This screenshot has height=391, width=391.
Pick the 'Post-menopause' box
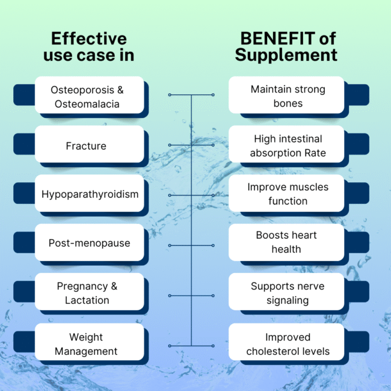[89, 244]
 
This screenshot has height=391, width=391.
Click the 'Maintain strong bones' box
[287, 96]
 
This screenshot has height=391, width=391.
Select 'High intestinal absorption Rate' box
[287, 146]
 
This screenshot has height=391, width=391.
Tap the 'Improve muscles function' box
[287, 194]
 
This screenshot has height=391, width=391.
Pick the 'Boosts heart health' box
[287, 242]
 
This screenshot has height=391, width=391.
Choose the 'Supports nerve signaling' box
[287, 293]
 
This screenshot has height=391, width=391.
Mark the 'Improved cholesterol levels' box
[287, 343]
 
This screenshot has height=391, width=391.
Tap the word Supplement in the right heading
[286, 55]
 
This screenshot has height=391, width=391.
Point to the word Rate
[315, 153]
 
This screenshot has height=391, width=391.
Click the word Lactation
[87, 300]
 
